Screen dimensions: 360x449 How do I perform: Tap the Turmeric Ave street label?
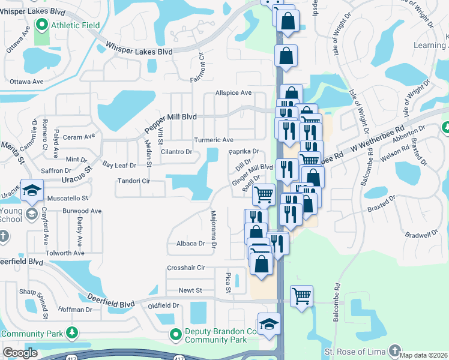click(x=213, y=140)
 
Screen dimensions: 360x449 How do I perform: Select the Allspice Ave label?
click(x=234, y=93)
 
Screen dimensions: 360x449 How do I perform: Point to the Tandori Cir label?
click(x=133, y=181)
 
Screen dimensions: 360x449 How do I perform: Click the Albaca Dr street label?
click(x=190, y=244)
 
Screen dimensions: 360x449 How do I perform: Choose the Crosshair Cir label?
click(x=186, y=268)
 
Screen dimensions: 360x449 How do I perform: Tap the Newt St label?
click(x=190, y=290)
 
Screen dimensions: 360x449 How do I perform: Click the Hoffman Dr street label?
click(x=76, y=310)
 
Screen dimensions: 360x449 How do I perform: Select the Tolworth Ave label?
click(x=65, y=253)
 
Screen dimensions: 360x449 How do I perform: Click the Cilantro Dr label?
click(x=176, y=152)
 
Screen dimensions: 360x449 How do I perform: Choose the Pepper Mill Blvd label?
click(x=170, y=122)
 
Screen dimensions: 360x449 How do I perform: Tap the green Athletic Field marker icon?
click(x=41, y=25)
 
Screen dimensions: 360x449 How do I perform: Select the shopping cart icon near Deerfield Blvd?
click(x=301, y=295)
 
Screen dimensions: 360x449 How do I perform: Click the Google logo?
click(x=20, y=353)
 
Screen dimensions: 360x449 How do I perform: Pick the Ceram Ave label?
click(x=79, y=137)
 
